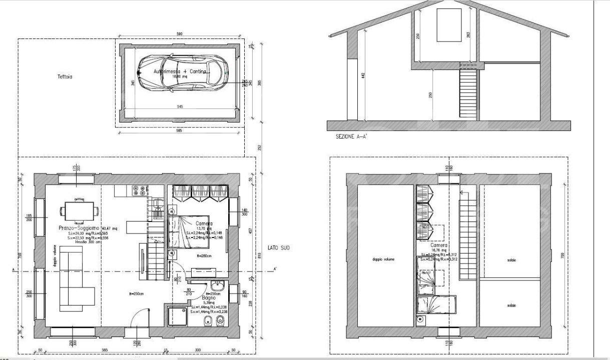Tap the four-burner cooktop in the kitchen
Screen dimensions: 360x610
[x=139, y=190]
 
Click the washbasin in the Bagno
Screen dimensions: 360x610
[x=219, y=287]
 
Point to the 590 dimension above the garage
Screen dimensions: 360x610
[x=179, y=34]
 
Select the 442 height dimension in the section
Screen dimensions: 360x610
[x=364, y=75]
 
